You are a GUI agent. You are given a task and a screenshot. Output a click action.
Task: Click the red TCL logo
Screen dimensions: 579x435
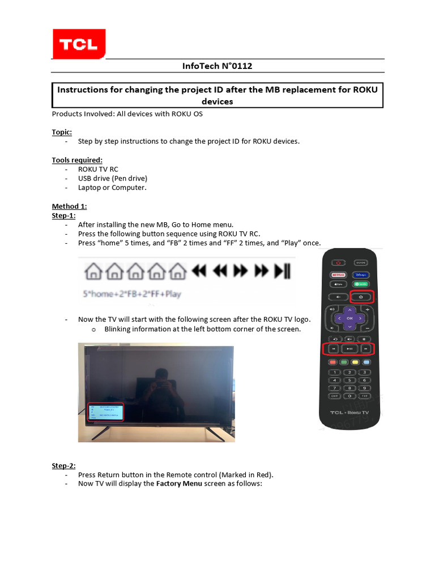(79, 44)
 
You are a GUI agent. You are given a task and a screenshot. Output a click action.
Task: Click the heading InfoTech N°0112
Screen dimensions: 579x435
(217, 66)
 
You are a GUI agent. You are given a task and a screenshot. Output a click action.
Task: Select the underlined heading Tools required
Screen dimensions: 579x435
(77, 160)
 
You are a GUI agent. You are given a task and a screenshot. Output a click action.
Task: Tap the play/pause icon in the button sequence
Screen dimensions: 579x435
(282, 271)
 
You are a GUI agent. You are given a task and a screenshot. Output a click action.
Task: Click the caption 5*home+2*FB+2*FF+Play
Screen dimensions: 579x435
(132, 294)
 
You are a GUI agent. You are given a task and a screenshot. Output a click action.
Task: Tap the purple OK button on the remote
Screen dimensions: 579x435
(349, 319)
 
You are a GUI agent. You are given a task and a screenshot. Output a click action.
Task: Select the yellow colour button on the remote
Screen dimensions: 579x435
(356, 362)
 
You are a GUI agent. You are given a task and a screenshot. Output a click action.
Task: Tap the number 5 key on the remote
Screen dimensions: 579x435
(349, 380)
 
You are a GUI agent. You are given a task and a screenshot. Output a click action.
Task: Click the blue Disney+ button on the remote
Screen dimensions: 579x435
(362, 274)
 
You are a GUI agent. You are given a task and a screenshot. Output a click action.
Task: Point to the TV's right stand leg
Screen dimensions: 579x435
(216, 432)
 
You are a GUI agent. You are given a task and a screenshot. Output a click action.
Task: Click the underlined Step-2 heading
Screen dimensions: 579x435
(64, 466)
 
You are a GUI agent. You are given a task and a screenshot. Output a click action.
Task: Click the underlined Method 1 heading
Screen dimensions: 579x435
(70, 206)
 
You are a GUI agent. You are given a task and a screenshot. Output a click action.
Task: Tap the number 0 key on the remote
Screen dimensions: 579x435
(349, 396)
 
